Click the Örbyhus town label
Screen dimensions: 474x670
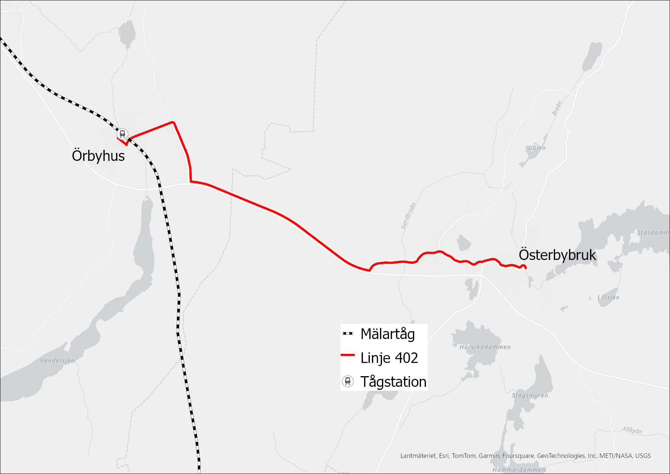coord(98,156)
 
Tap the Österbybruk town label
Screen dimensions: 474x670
coord(557,255)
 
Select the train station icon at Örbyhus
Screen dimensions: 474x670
coord(122,134)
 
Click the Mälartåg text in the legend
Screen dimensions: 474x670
coord(387,334)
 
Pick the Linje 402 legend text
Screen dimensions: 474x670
coord(389,358)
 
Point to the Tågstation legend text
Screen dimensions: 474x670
coord(393,381)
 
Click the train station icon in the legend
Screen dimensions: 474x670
coord(348,381)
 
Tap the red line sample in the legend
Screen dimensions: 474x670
coord(348,355)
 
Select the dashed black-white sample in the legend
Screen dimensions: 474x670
coord(348,333)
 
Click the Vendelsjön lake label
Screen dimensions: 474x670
coord(57,360)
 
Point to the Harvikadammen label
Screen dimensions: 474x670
coord(485,347)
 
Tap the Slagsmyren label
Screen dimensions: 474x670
coord(530,395)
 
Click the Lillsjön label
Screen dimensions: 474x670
coord(608,297)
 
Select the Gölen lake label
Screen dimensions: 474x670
coord(537,148)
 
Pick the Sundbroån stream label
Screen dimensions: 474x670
coord(408,216)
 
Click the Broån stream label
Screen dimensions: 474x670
coord(557,108)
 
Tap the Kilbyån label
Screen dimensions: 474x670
coord(632,430)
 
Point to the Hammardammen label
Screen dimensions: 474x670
coord(519,470)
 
